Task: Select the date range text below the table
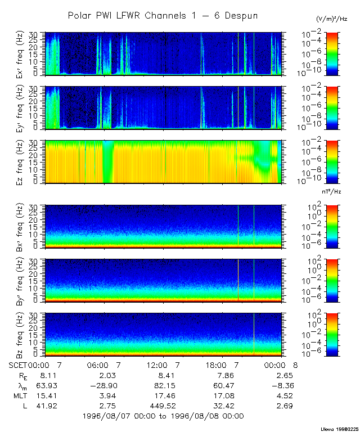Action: [163, 416]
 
